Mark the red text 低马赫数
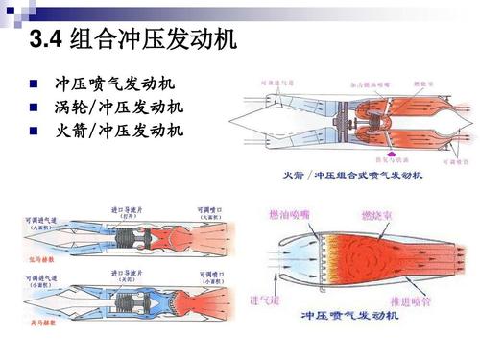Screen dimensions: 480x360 [26, 257]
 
